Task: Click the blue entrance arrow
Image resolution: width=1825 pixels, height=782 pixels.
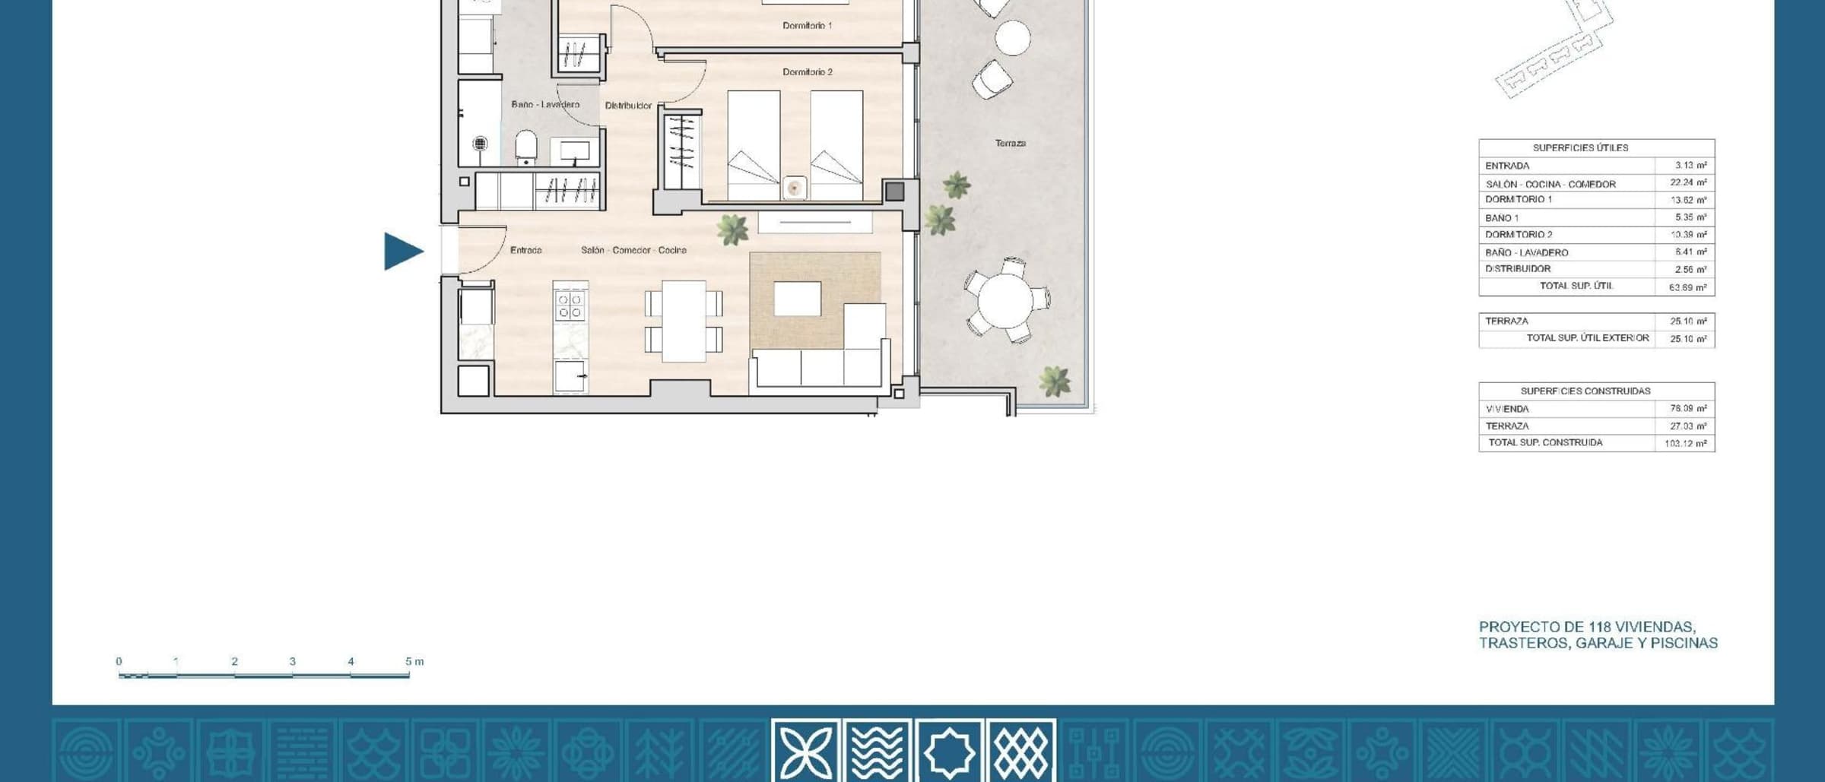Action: (x=403, y=252)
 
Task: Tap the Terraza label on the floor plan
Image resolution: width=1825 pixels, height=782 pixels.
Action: (x=1011, y=143)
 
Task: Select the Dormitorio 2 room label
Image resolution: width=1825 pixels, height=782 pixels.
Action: (x=808, y=72)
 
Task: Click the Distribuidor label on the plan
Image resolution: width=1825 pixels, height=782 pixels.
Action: (x=628, y=106)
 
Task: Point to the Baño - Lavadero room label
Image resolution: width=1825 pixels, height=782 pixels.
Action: (x=545, y=104)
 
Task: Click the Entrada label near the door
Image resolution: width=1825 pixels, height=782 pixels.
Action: (x=525, y=250)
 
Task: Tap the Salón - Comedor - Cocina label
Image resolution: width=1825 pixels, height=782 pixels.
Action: (x=633, y=250)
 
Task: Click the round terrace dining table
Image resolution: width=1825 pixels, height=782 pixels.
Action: (x=1005, y=300)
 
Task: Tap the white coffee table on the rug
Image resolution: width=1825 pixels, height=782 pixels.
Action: (x=797, y=299)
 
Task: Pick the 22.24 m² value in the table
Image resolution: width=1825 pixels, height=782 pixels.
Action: (x=1688, y=182)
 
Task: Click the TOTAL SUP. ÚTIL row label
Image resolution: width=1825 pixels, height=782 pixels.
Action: (x=1576, y=287)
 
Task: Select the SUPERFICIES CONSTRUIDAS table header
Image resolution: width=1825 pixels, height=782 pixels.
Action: (x=1585, y=391)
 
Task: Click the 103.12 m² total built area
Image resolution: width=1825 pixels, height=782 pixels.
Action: (x=1685, y=443)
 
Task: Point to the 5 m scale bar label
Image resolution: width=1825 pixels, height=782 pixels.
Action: (x=414, y=661)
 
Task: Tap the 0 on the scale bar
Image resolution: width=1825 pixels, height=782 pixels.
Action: (x=119, y=661)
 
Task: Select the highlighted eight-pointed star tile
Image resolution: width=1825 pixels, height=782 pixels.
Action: (x=949, y=751)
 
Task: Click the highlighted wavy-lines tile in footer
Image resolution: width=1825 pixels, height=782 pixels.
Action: (x=878, y=751)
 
